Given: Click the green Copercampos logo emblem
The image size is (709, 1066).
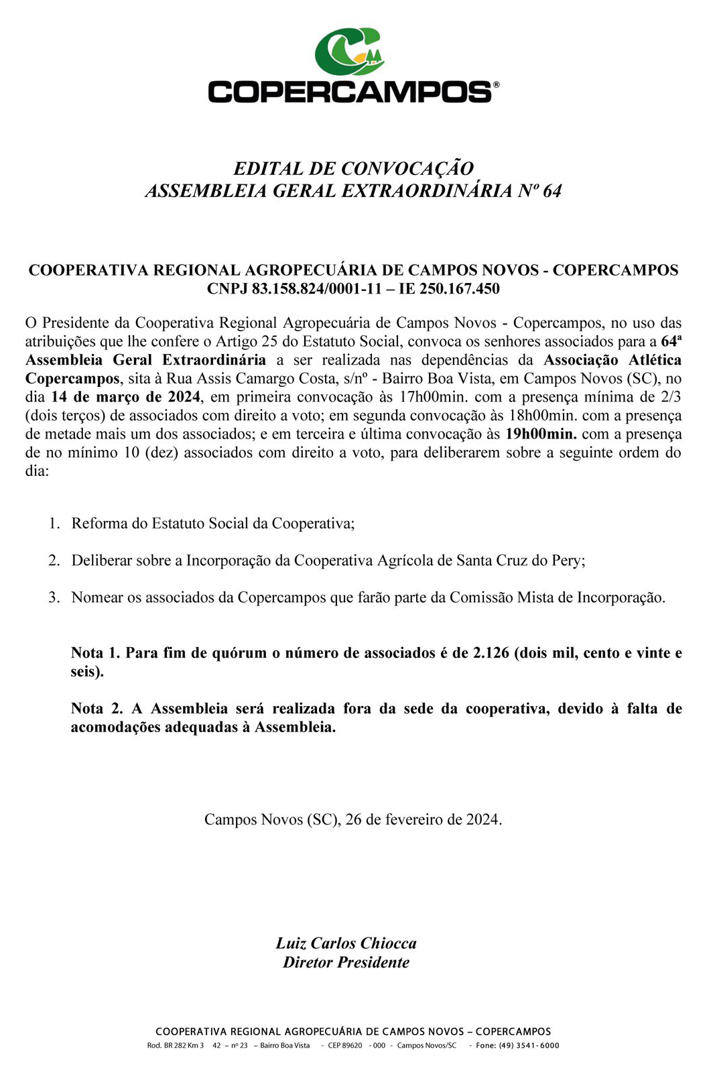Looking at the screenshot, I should click(x=349, y=51).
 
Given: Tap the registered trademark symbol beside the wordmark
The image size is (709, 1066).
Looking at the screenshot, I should click(x=496, y=84).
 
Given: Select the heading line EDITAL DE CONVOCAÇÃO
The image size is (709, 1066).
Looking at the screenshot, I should click(x=353, y=168).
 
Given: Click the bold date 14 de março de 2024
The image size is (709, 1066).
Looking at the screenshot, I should click(x=126, y=397).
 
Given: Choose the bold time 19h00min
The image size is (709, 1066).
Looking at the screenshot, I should click(x=541, y=434).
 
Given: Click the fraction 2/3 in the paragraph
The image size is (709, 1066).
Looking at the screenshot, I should click(x=671, y=397).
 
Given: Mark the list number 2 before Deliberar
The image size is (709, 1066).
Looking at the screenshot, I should click(x=54, y=560).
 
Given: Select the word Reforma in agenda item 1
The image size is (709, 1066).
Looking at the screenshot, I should click(x=99, y=524).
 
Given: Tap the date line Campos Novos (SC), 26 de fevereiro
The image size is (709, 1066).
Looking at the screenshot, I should click(x=353, y=819).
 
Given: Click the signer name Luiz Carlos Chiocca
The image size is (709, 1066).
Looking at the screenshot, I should click(x=346, y=943).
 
